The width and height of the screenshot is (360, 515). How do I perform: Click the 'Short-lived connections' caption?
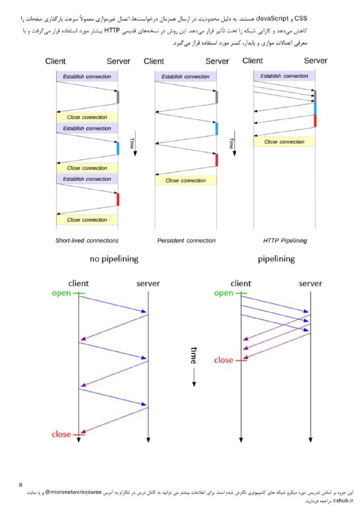[87, 240]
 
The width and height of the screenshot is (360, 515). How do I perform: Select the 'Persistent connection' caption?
[186, 240]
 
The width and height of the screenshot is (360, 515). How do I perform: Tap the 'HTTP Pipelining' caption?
[285, 240]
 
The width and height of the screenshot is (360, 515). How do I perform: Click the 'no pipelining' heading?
[114, 259]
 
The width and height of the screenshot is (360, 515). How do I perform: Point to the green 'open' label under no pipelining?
[61, 293]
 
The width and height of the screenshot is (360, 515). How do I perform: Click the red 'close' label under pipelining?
[223, 360]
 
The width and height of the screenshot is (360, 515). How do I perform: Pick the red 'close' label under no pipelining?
[61, 434]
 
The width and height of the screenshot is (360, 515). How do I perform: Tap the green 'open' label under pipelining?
[223, 293]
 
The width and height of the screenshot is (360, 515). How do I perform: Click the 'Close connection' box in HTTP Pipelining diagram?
[284, 142]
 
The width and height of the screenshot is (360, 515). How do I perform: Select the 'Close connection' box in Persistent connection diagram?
[185, 180]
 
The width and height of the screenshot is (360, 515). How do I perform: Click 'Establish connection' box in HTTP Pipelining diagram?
[284, 76]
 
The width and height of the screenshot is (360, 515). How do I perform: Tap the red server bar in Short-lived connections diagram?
[118, 200]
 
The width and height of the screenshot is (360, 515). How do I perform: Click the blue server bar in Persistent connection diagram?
[216, 129]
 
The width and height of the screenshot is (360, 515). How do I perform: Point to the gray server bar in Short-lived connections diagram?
[118, 97]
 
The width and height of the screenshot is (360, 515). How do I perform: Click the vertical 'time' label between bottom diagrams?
[194, 355]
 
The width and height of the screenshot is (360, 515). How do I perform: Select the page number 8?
[21, 485]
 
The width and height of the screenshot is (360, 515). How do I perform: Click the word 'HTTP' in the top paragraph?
[112, 31]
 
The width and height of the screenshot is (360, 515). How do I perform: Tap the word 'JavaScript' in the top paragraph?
[272, 19]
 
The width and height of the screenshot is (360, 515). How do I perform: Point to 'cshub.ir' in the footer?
[343, 501]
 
